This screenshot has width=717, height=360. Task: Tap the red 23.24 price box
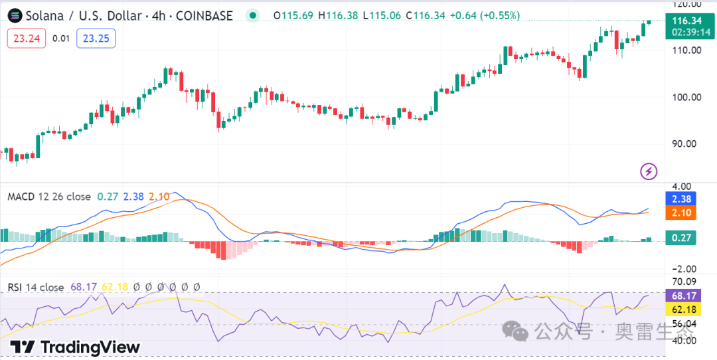pyautogui.click(x=27, y=39)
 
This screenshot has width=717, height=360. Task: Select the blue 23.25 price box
pyautogui.click(x=96, y=39)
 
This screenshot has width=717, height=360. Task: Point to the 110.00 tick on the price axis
pyautogui.click(x=686, y=50)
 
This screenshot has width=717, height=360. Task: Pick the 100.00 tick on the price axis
pyautogui.click(x=686, y=97)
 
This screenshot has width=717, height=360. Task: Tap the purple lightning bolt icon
pyautogui.click(x=649, y=171)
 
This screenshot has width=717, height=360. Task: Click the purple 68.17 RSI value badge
pyautogui.click(x=682, y=295)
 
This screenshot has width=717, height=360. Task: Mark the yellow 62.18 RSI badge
pyautogui.click(x=682, y=310)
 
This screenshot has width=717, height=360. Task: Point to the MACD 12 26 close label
pyautogui.click(x=49, y=197)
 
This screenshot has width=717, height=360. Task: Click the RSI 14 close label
pyautogui.click(x=36, y=287)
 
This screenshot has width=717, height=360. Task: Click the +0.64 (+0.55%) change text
pyautogui.click(x=486, y=15)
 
